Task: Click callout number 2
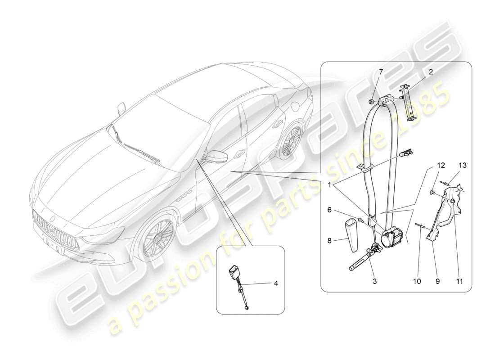tap(431, 72)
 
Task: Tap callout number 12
tap(441, 165)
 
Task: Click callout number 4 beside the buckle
tap(276, 283)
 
